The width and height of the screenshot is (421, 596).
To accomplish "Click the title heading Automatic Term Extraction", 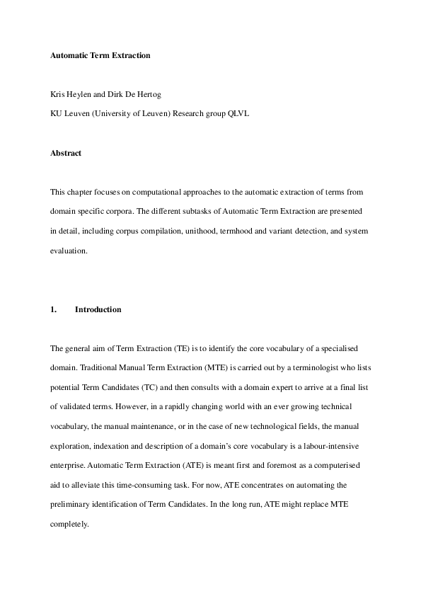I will click(100, 55).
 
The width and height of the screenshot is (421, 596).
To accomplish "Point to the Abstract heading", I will click(66, 153).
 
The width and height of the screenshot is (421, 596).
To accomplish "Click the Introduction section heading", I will click(98, 309).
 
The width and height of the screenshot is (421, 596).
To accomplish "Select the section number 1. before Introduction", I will click(54, 309).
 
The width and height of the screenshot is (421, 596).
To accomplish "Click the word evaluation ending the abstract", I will click(67, 251).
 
